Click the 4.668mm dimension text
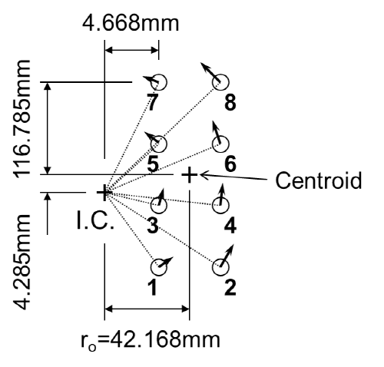(131, 24)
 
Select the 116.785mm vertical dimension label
(22, 119)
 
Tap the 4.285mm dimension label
(22, 263)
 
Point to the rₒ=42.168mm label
(151, 340)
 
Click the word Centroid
(319, 180)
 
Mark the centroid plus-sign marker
(189, 175)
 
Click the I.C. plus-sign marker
(104, 192)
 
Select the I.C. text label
(95, 220)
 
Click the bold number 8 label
(230, 103)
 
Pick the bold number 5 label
(153, 164)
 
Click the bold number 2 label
(230, 287)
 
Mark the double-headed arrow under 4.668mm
(131, 50)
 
